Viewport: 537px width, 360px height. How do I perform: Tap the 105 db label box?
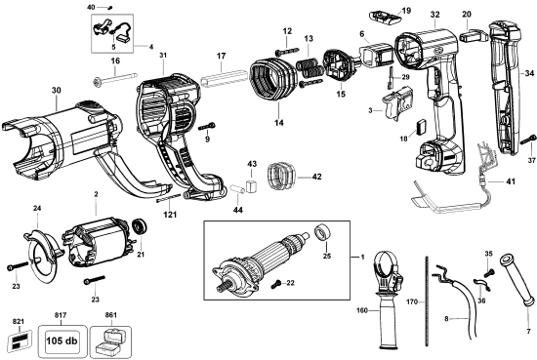[x=64, y=341]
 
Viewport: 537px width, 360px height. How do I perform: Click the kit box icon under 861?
[x=115, y=342]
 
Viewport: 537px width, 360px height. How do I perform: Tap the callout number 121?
[x=171, y=214]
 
